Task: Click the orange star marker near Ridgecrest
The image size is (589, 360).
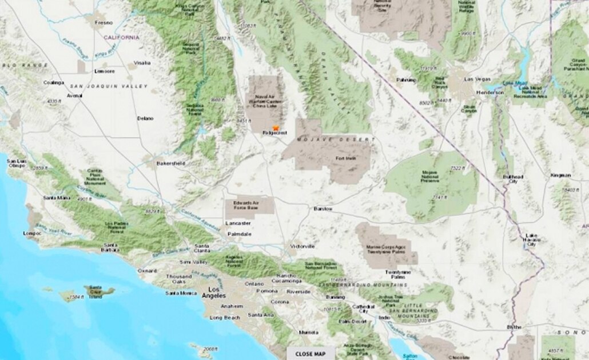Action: pos(276,128)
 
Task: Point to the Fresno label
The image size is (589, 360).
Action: pos(104,23)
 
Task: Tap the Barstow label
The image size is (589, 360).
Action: pos(323,209)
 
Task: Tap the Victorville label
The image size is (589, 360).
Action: pos(303,246)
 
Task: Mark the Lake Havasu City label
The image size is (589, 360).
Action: pos(532,240)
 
